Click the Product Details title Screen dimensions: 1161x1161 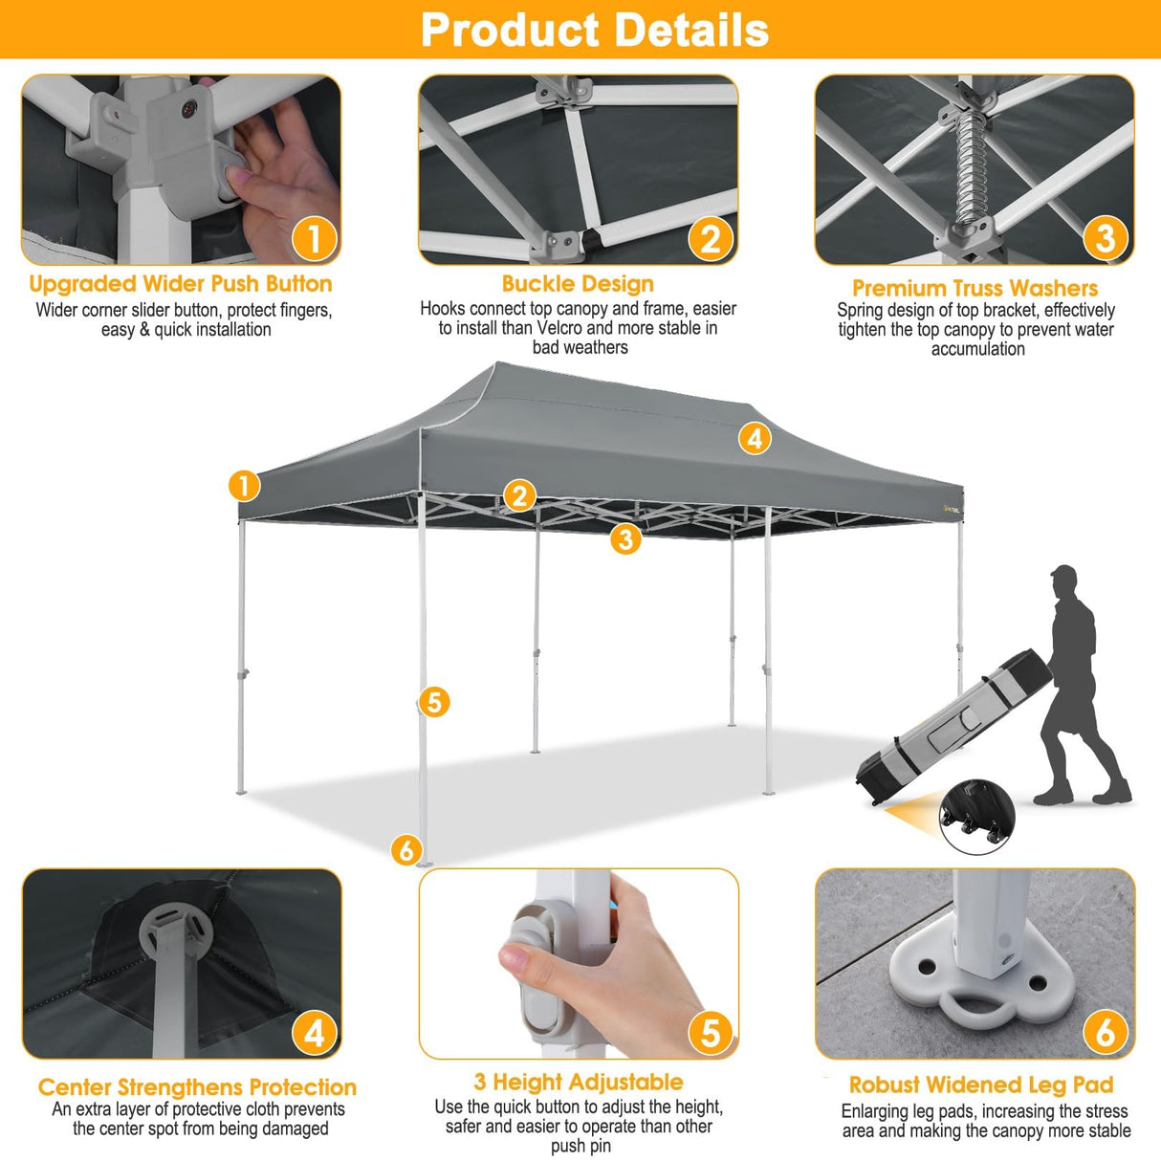click(x=594, y=30)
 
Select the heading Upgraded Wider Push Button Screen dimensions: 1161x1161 click(x=181, y=284)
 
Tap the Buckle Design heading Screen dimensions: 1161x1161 click(x=578, y=284)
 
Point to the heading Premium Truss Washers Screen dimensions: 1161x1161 click(x=975, y=288)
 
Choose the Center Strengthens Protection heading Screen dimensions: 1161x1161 click(x=197, y=1087)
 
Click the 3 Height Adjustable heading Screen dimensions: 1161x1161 click(x=578, y=1082)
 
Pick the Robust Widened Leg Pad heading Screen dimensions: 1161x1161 click(x=981, y=1084)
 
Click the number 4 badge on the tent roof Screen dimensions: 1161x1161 click(x=755, y=439)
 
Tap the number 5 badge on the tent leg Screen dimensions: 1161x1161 click(x=434, y=702)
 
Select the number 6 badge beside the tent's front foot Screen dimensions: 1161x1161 click(x=406, y=849)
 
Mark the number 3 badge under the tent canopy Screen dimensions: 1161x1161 click(x=625, y=538)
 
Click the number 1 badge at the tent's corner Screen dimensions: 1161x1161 click(x=244, y=485)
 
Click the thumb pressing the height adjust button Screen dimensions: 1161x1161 click(x=518, y=960)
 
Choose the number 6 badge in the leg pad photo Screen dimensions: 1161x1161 click(x=1105, y=1032)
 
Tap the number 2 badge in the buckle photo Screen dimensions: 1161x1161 click(x=711, y=239)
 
